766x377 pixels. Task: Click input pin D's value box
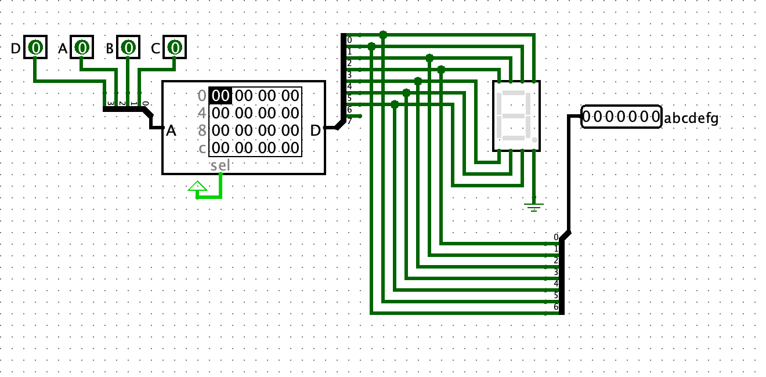pyautogui.click(x=35, y=48)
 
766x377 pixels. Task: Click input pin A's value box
pyautogui.click(x=82, y=48)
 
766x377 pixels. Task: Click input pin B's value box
pyautogui.click(x=128, y=48)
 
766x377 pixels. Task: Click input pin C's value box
pyautogui.click(x=174, y=48)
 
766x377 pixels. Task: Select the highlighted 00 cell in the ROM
pyautogui.click(x=221, y=95)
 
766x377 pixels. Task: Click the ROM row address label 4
pyautogui.click(x=202, y=113)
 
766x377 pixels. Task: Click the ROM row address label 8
pyautogui.click(x=202, y=130)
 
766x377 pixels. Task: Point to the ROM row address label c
pyautogui.click(x=202, y=148)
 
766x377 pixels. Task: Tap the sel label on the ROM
pyautogui.click(x=221, y=165)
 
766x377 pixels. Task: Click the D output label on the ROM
pyautogui.click(x=315, y=131)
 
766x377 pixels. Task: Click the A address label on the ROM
pyautogui.click(x=171, y=131)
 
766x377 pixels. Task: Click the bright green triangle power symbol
pyautogui.click(x=197, y=187)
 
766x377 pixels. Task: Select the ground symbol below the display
pyautogui.click(x=534, y=205)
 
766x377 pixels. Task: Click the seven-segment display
pyautogui.click(x=516, y=115)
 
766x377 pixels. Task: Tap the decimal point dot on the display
pyautogui.click(x=534, y=140)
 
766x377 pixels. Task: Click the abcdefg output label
pyautogui.click(x=691, y=119)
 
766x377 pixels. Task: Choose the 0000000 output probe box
pyautogui.click(x=621, y=117)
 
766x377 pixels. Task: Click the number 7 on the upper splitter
pyautogui.click(x=349, y=121)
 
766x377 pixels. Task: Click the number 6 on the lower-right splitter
pyautogui.click(x=556, y=307)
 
